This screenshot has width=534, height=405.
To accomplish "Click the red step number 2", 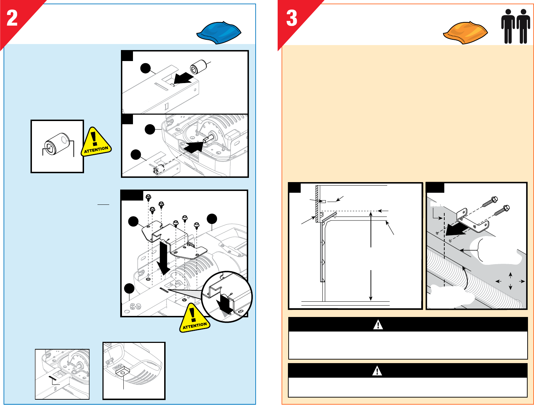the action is [12, 18].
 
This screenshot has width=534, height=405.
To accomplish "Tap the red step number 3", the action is [292, 18].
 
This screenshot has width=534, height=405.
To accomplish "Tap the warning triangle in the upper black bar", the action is [378, 325].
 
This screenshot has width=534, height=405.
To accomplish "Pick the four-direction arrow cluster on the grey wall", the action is [510, 281].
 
